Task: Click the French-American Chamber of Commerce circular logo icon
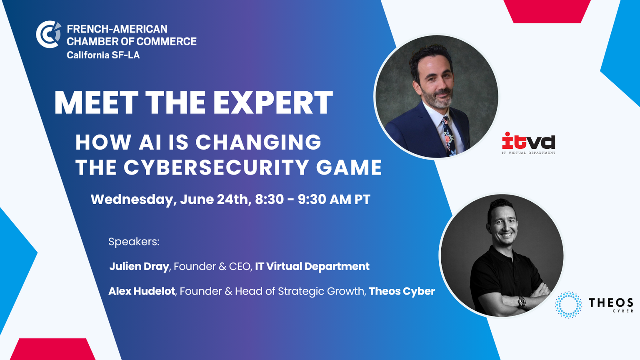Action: [x=48, y=34]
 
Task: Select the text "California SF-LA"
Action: [x=103, y=55]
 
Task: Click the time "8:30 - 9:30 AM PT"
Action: [x=312, y=199]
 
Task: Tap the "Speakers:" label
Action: [x=134, y=242]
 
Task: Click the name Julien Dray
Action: [x=139, y=267]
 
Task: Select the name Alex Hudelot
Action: [x=142, y=291]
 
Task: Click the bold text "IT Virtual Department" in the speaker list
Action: [x=312, y=267]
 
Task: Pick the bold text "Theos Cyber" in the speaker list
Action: [x=402, y=291]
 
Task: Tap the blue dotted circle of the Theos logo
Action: [x=569, y=305]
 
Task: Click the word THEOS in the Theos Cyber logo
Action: [x=611, y=302]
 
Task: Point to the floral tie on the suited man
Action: [x=449, y=136]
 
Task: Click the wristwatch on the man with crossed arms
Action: [x=522, y=301]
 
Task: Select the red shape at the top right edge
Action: [x=547, y=11]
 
